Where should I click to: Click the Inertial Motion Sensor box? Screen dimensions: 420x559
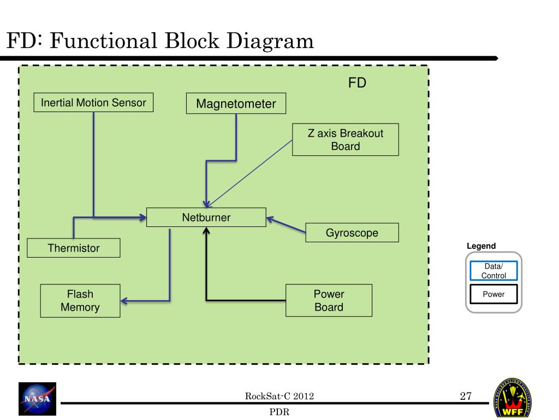click(93, 102)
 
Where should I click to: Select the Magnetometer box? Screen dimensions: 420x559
click(236, 103)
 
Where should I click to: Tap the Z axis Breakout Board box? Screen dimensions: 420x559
click(345, 139)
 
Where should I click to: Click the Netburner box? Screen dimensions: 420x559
click(206, 217)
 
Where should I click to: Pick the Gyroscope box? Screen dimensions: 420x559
click(352, 232)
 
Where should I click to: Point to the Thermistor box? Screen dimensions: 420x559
click(74, 248)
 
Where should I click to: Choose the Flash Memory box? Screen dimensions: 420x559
click(80, 301)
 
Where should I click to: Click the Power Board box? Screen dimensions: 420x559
click(329, 300)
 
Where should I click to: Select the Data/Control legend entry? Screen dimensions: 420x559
click(493, 271)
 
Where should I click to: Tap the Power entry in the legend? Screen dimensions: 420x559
click(493, 294)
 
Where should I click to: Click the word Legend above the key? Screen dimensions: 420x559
click(481, 246)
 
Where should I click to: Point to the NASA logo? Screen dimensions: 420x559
click(37, 399)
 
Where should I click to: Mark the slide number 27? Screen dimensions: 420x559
click(465, 396)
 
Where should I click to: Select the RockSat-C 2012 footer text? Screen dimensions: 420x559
click(279, 396)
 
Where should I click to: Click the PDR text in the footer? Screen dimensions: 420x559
click(279, 412)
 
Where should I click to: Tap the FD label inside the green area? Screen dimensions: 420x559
click(357, 83)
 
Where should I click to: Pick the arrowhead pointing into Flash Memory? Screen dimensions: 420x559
click(124, 300)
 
